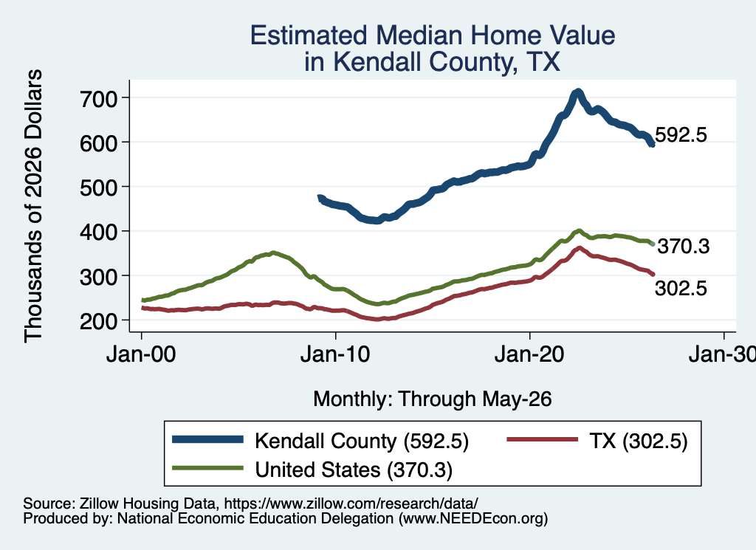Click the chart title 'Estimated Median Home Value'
[x=433, y=35]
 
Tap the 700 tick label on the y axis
[x=99, y=99]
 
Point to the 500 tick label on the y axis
[x=99, y=188]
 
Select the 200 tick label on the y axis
[x=99, y=321]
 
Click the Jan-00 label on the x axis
[x=141, y=354]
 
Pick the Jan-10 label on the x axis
[x=335, y=354]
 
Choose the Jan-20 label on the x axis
[x=529, y=354]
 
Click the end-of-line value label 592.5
[x=681, y=135]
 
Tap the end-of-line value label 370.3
[x=684, y=247]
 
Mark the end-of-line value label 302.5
[x=681, y=288]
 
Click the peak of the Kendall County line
[x=577, y=92]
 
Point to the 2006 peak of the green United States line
[x=273, y=252]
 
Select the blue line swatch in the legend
[x=207, y=439]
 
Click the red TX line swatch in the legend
[x=543, y=439]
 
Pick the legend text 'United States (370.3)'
[x=354, y=470]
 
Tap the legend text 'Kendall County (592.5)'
[x=362, y=441]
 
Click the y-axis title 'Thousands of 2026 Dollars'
[x=34, y=206]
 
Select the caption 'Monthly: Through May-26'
[x=433, y=399]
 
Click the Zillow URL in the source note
[x=351, y=503]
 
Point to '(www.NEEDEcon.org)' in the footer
[x=473, y=519]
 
